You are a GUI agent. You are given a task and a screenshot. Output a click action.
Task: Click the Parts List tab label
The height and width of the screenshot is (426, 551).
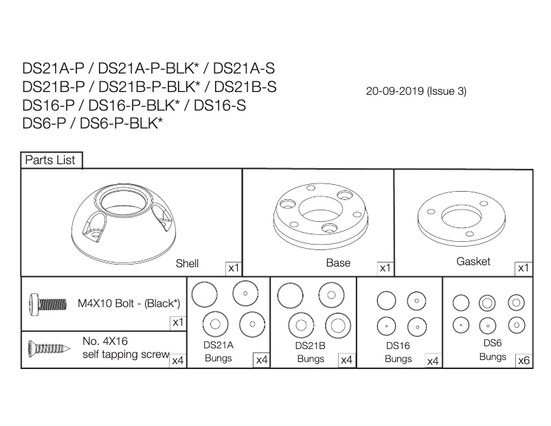pos(52,160)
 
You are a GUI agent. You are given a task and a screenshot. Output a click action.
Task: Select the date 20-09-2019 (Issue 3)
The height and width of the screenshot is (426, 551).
pos(416,91)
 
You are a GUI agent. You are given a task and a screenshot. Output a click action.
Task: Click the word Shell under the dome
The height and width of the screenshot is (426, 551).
pos(188,263)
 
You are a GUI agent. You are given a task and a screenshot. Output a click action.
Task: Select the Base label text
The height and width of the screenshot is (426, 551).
pos(338,262)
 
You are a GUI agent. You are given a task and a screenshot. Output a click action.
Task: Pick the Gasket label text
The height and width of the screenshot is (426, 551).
pos(473,262)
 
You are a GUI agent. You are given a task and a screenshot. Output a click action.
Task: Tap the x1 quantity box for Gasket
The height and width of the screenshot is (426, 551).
pos(524,268)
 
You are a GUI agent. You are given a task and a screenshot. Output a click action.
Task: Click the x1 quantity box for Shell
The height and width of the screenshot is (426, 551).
pos(234,268)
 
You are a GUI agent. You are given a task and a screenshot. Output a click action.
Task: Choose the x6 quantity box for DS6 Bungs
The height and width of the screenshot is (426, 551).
pos(524,360)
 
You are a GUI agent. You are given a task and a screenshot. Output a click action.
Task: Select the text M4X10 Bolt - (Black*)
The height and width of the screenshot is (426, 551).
pos(128,303)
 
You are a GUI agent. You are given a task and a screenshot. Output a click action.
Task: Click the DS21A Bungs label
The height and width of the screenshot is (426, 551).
pos(218,352)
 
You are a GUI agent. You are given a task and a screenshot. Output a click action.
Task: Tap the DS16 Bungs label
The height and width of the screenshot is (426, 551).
pos(398,352)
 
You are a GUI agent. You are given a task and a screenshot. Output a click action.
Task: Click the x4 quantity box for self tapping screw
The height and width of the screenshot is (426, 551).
pos(177,360)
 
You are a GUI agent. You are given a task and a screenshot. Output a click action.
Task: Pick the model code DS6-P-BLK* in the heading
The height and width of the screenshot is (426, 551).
pos(121,124)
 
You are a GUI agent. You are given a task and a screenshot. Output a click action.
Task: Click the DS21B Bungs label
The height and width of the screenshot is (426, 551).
pos(311,352)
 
